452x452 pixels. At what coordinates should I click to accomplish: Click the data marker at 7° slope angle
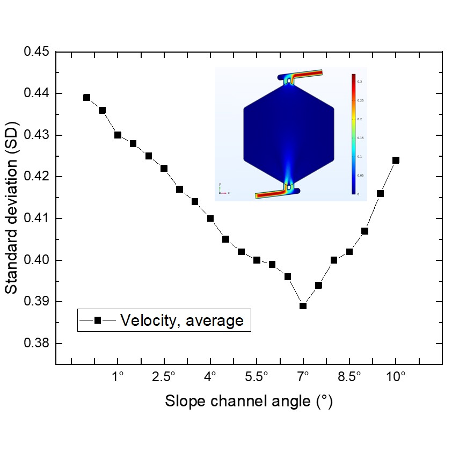303,306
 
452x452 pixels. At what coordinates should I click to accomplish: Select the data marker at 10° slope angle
396,160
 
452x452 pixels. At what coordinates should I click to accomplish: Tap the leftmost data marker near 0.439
87,98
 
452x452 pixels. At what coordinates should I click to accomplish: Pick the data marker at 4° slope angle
210,218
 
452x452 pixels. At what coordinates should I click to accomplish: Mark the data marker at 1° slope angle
118,135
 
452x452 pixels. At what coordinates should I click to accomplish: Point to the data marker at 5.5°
257,260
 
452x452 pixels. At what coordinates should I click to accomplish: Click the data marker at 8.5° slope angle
349,252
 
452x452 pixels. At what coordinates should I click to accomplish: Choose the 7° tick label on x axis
303,376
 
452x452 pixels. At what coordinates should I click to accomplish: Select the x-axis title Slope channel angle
249,402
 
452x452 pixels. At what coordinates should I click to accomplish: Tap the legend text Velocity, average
182,320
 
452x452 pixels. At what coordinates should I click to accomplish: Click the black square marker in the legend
98,320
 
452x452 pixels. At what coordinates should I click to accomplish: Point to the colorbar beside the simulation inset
353,134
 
